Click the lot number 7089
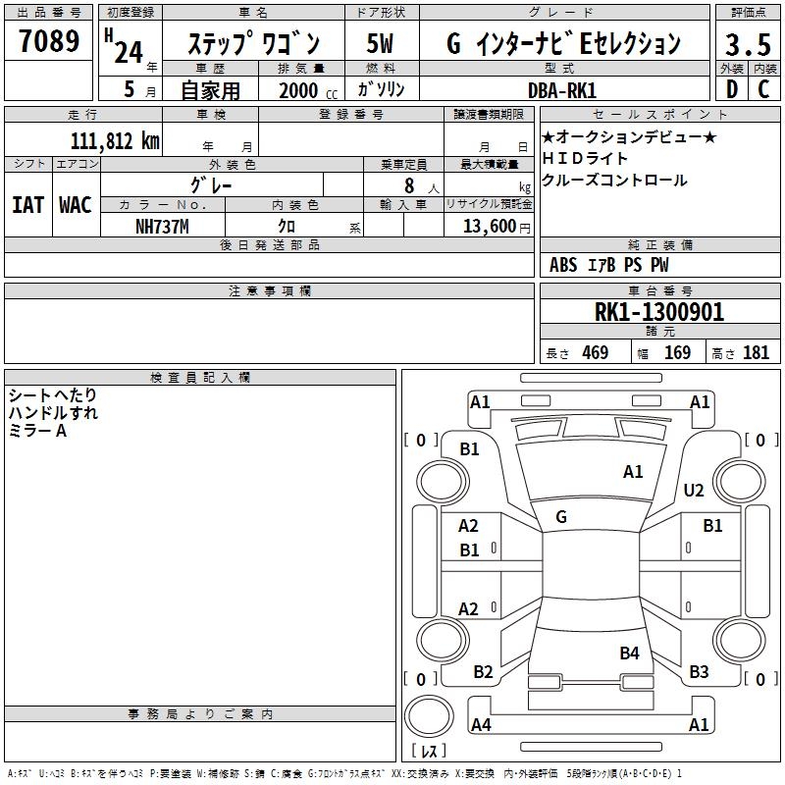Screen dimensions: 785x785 click(x=49, y=42)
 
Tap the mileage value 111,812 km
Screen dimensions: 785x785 click(x=115, y=141)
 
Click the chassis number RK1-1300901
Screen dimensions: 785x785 click(x=659, y=312)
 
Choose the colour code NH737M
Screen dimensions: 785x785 click(x=162, y=225)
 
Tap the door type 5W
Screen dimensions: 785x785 click(x=381, y=43)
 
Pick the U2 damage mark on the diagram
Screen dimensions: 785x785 click(x=694, y=491)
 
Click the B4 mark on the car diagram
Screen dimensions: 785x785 click(x=629, y=653)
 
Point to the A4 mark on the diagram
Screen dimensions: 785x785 click(x=481, y=725)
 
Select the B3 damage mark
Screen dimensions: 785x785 click(x=699, y=672)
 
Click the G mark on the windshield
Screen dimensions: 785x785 click(x=561, y=516)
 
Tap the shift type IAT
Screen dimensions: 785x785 click(x=27, y=205)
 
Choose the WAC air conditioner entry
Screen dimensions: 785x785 click(x=75, y=205)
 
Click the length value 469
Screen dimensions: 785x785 click(x=595, y=353)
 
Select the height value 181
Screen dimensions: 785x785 click(x=756, y=353)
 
